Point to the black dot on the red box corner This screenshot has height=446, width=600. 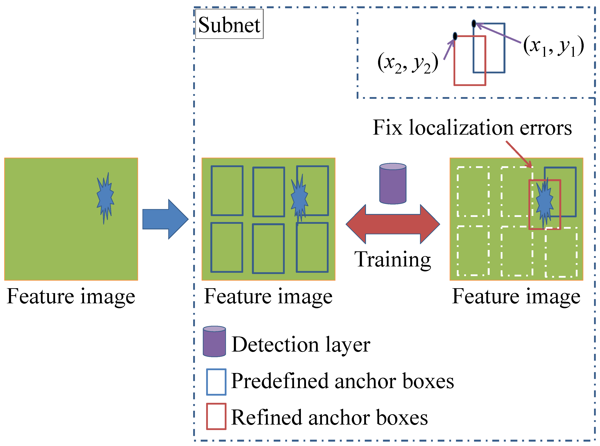tap(455, 36)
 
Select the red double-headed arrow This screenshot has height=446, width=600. tap(393, 224)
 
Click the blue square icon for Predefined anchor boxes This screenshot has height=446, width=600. tap(216, 382)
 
